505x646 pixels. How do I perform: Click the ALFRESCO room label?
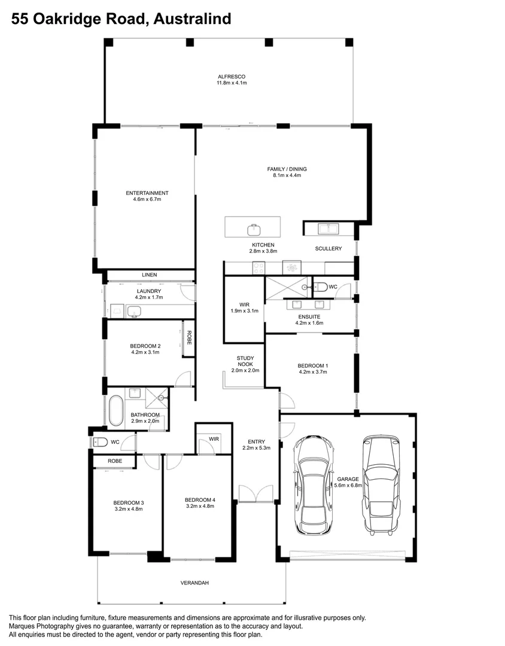pyautogui.click(x=232, y=77)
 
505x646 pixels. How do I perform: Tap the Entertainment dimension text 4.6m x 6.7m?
pyautogui.click(x=147, y=199)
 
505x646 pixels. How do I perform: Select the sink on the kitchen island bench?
pyautogui.click(x=254, y=228)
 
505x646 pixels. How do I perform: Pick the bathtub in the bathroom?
pyautogui.click(x=115, y=410)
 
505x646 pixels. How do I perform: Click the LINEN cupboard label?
pyautogui.click(x=149, y=275)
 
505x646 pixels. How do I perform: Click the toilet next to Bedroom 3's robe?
pyautogui.click(x=100, y=442)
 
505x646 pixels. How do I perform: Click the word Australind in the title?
pyautogui.click(x=192, y=20)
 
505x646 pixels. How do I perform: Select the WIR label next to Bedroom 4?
pyautogui.click(x=214, y=439)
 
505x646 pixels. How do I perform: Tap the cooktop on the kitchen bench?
pyautogui.click(x=258, y=267)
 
